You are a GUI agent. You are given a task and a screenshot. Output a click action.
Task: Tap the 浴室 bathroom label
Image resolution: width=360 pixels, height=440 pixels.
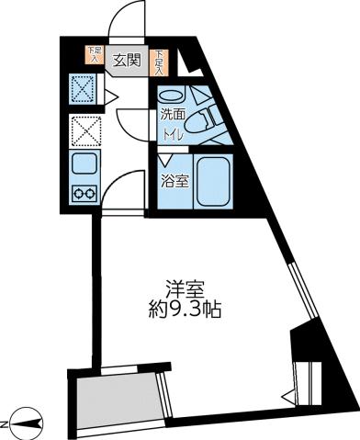(x=175, y=181)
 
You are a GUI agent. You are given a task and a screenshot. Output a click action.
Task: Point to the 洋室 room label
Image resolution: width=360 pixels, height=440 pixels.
(x=187, y=288)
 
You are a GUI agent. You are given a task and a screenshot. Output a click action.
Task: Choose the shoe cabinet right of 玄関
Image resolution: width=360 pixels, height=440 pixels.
(x=160, y=61)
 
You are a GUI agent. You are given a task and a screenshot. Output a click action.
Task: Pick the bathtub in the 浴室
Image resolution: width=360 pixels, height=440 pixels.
(x=214, y=183)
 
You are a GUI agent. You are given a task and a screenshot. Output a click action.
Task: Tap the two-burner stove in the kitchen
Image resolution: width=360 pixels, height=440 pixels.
(x=84, y=194)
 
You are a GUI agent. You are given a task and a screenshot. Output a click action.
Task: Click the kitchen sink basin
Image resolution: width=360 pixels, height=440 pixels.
(x=84, y=166)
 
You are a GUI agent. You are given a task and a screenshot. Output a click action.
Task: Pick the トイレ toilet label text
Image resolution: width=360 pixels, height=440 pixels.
(x=172, y=134)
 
